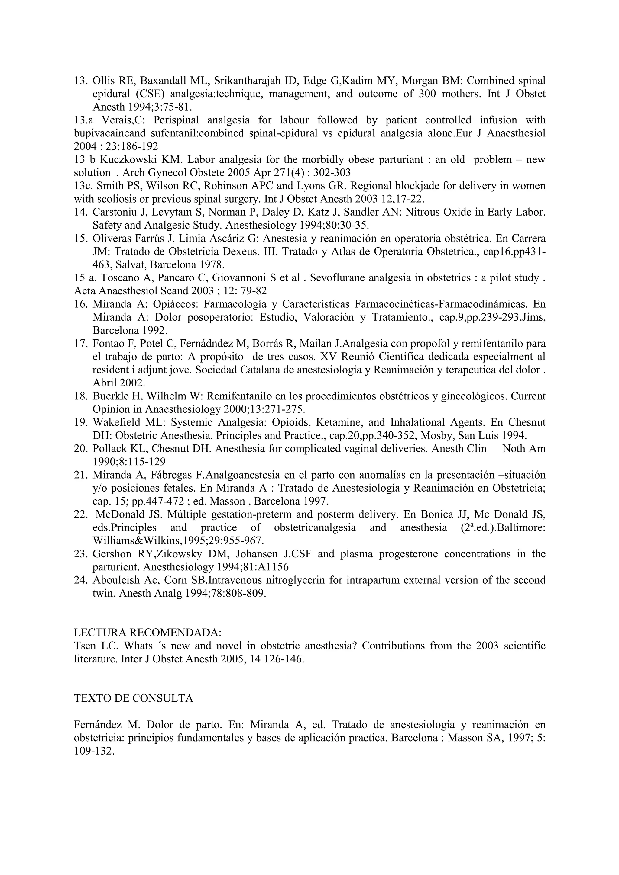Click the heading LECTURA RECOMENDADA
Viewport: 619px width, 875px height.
(147, 633)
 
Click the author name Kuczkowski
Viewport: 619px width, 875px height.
(125, 160)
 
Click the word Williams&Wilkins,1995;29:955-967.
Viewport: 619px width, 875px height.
(178, 541)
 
